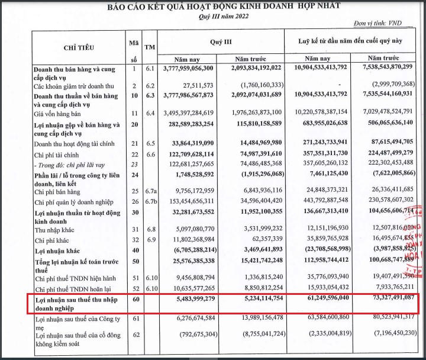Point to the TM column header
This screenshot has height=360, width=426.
click(x=151, y=47)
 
